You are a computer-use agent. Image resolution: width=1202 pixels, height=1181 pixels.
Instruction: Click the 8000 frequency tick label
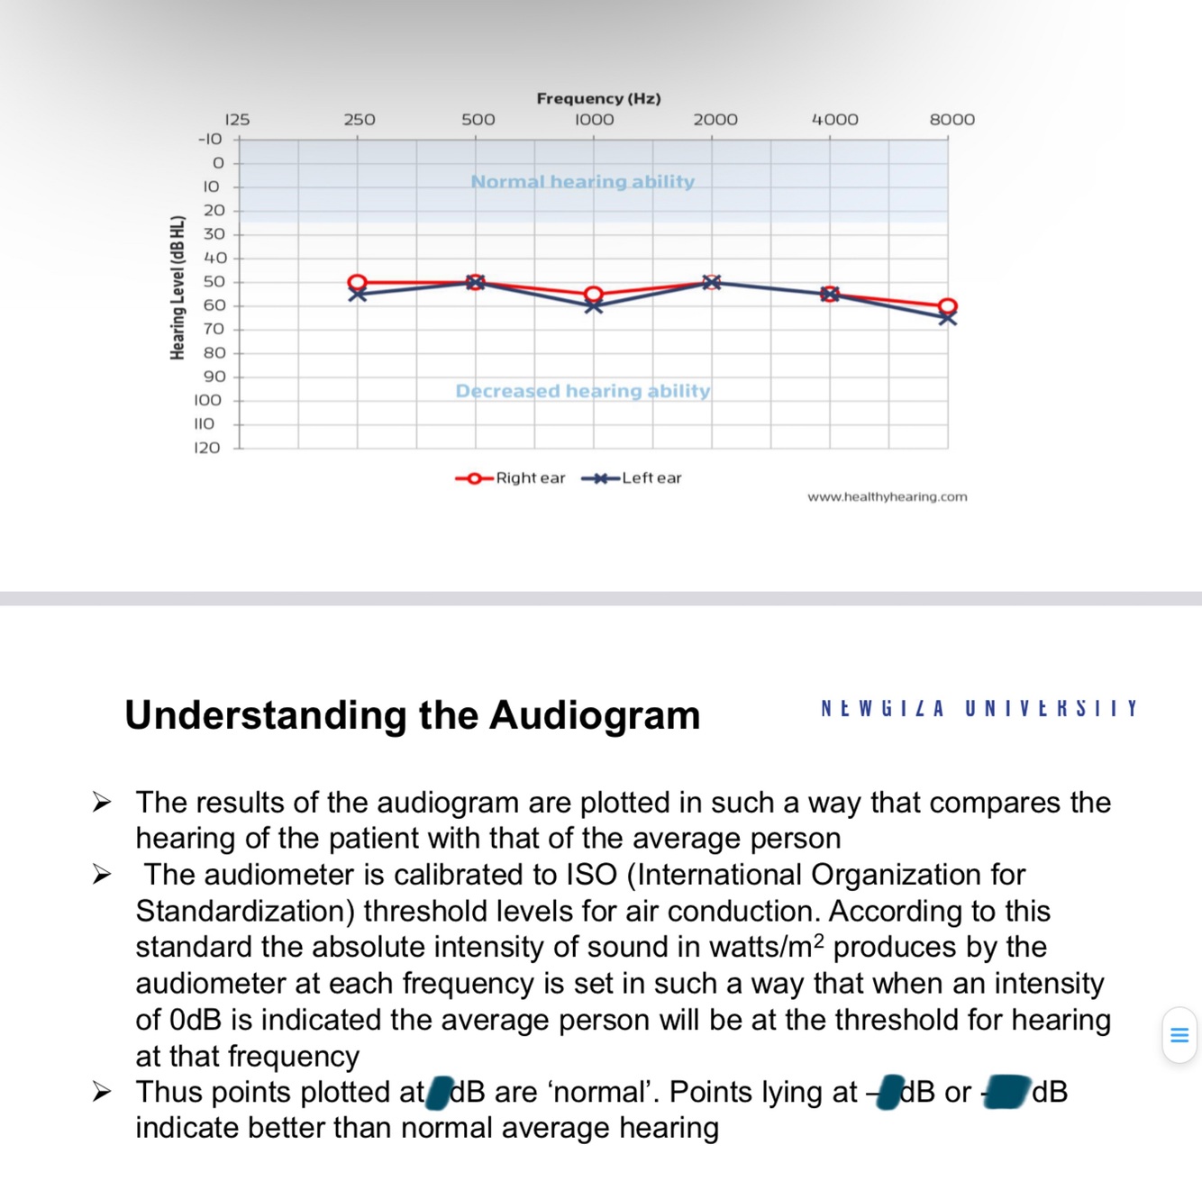pos(952,120)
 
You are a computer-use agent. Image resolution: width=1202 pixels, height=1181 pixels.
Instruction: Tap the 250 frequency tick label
pos(360,120)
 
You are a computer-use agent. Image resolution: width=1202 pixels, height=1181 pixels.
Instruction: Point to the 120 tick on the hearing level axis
pos(207,448)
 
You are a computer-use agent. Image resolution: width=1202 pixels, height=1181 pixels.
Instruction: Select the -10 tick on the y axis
pos(210,139)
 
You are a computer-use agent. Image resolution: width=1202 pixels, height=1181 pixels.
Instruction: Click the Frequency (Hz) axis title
pos(598,98)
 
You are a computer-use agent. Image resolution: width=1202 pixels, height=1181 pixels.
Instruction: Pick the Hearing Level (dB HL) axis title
pos(178,287)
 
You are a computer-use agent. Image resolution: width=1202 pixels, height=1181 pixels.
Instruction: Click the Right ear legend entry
pos(511,478)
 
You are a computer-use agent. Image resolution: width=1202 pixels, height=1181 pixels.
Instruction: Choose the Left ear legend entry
pos(632,478)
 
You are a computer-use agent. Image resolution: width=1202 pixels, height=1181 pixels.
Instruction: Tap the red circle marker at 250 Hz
pos(358,282)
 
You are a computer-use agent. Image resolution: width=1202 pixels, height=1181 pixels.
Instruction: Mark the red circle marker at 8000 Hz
pos(948,306)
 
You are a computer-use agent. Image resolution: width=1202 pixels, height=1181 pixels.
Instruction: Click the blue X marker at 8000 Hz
pos(948,318)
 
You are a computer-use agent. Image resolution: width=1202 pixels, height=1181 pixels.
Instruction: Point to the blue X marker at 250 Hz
pos(358,295)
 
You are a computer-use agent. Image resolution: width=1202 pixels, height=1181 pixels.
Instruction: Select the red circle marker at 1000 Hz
pos(593,294)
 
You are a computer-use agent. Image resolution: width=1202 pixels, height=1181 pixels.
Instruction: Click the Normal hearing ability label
pos(583,182)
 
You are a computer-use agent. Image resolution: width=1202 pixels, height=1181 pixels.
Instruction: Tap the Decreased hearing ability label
pos(583,391)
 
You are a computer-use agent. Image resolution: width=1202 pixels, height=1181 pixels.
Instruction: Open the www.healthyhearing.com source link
pos(888,497)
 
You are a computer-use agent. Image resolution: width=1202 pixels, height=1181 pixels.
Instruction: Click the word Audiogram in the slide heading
pos(595,715)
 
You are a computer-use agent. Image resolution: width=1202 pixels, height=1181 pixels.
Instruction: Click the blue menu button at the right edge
pos(1179,1035)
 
